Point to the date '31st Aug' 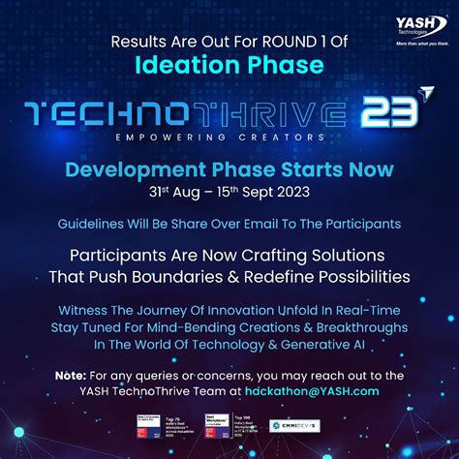click(x=168, y=192)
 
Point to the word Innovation click(x=244, y=311)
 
